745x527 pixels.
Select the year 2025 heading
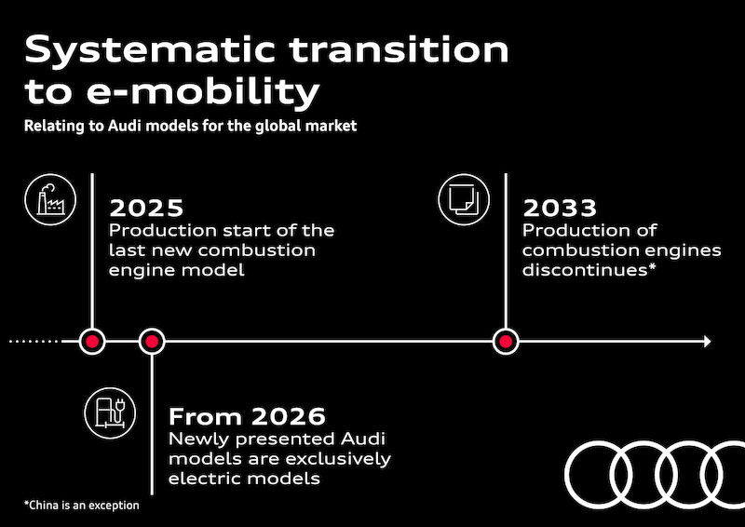(x=146, y=207)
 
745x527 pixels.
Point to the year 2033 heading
(x=560, y=207)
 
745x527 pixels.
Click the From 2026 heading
(x=247, y=415)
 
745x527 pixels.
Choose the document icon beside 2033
(x=461, y=197)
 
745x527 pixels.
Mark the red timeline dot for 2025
(x=91, y=342)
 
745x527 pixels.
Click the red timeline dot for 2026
(x=152, y=342)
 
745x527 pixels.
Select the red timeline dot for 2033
(x=505, y=342)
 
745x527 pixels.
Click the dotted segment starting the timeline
(x=35, y=342)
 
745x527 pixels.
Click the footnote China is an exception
(x=82, y=506)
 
